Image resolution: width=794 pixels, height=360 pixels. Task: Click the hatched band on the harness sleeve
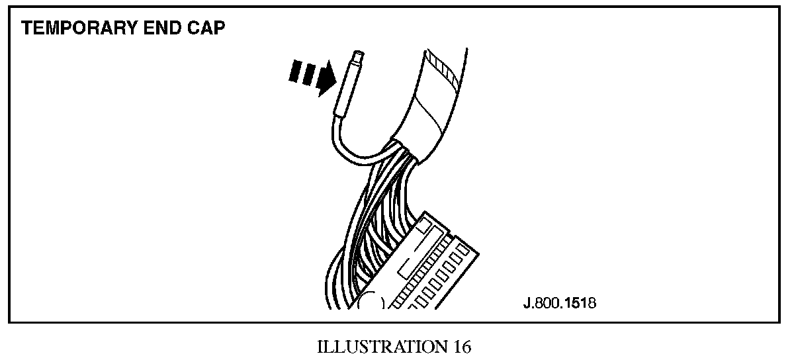(x=442, y=69)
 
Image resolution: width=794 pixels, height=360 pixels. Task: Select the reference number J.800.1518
(x=558, y=304)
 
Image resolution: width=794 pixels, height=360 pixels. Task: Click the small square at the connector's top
(x=429, y=228)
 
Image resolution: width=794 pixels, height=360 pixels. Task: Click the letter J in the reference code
(x=526, y=304)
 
